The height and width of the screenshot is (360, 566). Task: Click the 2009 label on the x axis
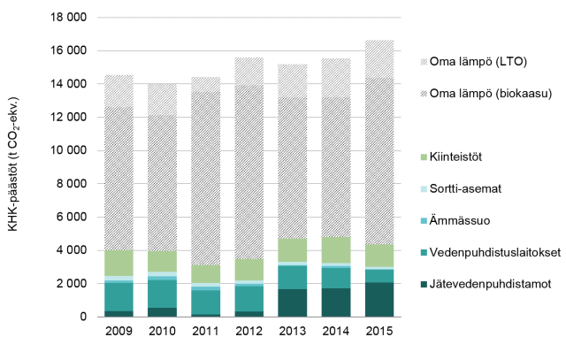(x=119, y=332)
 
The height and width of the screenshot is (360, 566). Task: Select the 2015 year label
(x=379, y=332)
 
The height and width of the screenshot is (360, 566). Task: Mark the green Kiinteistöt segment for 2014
(x=336, y=250)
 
